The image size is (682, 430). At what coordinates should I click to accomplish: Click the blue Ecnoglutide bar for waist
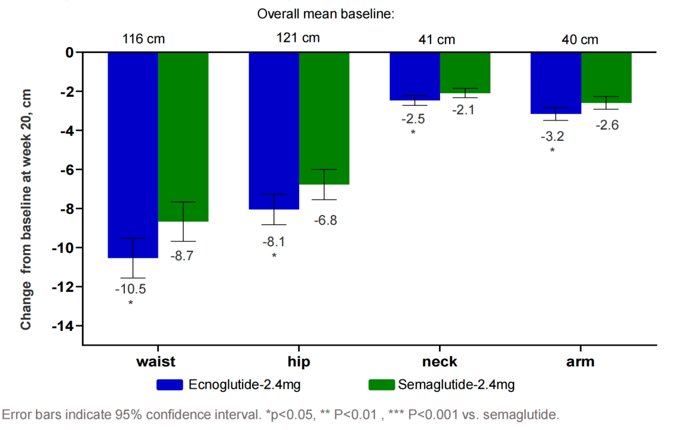133,155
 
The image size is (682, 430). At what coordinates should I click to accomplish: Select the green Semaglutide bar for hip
324,118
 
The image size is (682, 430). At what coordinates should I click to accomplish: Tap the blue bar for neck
415,76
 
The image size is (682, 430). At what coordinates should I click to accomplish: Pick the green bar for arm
606,78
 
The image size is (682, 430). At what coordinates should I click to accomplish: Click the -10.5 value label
130,288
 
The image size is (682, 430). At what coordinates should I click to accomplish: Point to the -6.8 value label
325,220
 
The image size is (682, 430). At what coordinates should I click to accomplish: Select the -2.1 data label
463,110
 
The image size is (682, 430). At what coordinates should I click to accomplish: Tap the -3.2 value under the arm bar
552,137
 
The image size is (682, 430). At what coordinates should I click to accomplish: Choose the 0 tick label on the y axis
70,53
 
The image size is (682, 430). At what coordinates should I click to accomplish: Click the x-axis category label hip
299,361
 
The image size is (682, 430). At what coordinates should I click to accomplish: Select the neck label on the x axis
440,362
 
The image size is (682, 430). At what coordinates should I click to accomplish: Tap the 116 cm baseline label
143,39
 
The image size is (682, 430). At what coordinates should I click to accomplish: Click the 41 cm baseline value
437,40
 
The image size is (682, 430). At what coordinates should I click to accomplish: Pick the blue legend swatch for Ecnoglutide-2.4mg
170,385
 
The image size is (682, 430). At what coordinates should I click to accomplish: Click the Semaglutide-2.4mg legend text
456,385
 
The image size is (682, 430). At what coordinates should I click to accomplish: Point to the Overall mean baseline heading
326,14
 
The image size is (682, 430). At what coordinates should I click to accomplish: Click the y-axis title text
26,210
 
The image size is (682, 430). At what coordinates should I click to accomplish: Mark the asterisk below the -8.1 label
274,256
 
